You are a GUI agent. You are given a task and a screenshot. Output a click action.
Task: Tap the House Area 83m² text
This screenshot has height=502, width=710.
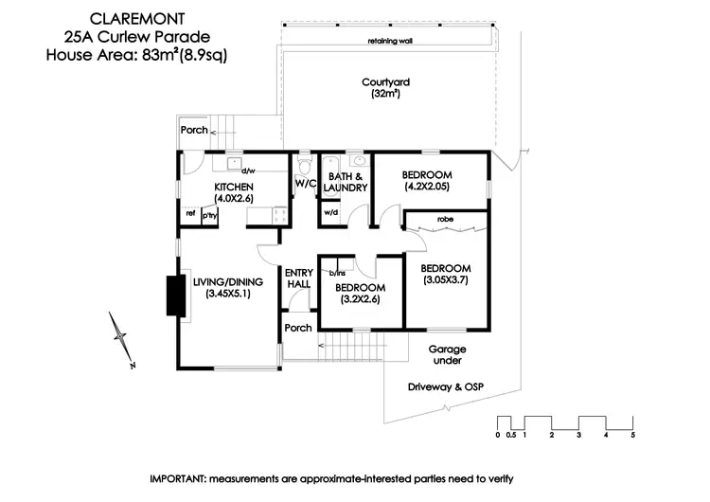click(x=137, y=54)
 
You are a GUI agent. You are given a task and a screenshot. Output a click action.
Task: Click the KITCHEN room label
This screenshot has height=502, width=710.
click(x=234, y=187)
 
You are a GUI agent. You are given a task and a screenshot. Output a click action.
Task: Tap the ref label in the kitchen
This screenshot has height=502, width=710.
click(x=190, y=215)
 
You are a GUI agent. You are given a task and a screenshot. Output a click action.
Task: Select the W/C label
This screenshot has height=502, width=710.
click(x=305, y=183)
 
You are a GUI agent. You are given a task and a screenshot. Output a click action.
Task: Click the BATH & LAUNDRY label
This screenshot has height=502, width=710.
click(x=345, y=182)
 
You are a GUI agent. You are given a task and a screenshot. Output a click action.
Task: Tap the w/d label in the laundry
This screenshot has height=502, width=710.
click(x=330, y=213)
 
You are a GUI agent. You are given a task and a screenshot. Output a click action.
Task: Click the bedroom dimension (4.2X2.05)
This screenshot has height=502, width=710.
click(x=427, y=188)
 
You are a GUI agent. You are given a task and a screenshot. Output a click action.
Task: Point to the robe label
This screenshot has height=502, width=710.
click(x=444, y=220)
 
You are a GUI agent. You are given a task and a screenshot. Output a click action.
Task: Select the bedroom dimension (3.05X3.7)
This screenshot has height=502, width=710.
click(x=445, y=280)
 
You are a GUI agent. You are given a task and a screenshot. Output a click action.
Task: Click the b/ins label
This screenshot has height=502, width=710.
click(x=336, y=273)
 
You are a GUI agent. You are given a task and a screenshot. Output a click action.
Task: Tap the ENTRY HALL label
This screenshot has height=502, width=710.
click(x=299, y=279)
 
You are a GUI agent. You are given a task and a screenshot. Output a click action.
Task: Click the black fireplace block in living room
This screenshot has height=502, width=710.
click(x=173, y=296)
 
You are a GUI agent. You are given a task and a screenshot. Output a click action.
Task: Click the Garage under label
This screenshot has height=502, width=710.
click(x=446, y=355)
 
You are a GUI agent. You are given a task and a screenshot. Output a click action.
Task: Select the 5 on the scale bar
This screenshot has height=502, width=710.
click(x=632, y=436)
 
